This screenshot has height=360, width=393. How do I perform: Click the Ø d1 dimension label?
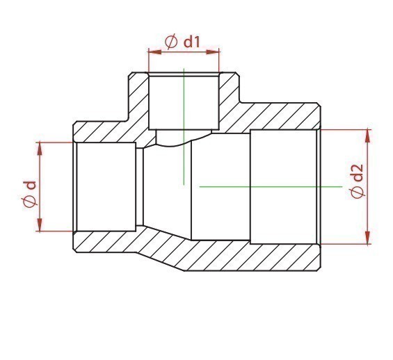(182, 42)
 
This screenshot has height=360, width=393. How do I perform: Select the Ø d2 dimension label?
(356, 181)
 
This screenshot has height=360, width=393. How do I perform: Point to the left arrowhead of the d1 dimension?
(154, 52)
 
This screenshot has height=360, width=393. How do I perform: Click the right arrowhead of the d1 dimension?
(213, 52)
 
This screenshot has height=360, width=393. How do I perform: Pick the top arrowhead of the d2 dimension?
(367, 136)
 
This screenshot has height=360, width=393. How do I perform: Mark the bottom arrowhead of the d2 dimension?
(367, 237)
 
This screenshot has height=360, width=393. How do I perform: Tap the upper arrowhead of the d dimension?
(40, 149)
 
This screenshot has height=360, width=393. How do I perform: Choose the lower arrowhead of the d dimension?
(40, 224)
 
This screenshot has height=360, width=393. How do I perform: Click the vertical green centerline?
(184, 126)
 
